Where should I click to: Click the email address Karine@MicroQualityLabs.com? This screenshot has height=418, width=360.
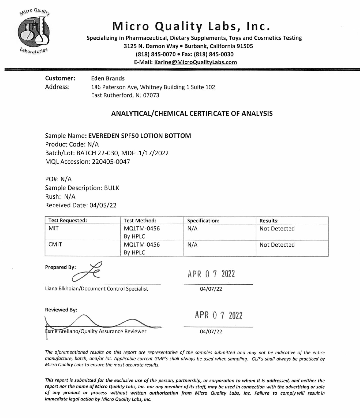click(196, 62)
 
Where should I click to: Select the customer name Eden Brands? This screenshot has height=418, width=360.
click(108, 79)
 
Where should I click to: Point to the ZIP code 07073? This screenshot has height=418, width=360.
click(151, 95)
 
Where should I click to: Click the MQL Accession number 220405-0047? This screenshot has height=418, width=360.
click(111, 162)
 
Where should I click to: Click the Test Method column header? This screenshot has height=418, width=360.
click(140, 221)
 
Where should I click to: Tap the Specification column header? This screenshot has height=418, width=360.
click(203, 221)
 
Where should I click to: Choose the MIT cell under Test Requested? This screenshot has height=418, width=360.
click(53, 229)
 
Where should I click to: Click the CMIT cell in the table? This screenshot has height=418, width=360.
click(55, 245)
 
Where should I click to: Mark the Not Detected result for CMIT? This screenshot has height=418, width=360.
click(277, 245)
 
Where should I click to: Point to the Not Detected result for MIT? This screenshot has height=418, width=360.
click(277, 229)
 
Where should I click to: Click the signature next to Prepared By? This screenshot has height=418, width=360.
click(88, 272)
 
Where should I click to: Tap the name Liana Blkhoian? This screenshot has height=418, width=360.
click(61, 289)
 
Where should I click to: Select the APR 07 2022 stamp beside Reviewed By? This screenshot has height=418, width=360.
click(219, 315)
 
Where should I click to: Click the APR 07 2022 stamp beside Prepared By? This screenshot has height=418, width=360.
click(211, 274)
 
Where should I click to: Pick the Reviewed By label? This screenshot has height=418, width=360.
click(61, 310)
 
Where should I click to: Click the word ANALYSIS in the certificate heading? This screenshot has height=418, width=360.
click(257, 114)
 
